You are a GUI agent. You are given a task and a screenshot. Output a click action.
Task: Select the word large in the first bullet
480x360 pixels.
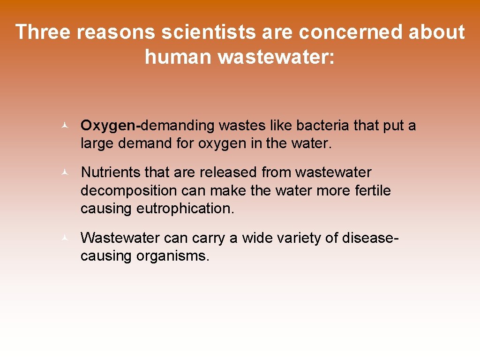tap(97, 143)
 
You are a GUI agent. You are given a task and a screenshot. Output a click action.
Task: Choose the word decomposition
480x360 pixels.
tap(120, 190)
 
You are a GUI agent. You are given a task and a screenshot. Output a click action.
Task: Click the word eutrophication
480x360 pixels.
tap(185, 208)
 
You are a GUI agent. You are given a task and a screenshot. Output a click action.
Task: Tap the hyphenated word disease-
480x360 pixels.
tap(370, 238)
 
